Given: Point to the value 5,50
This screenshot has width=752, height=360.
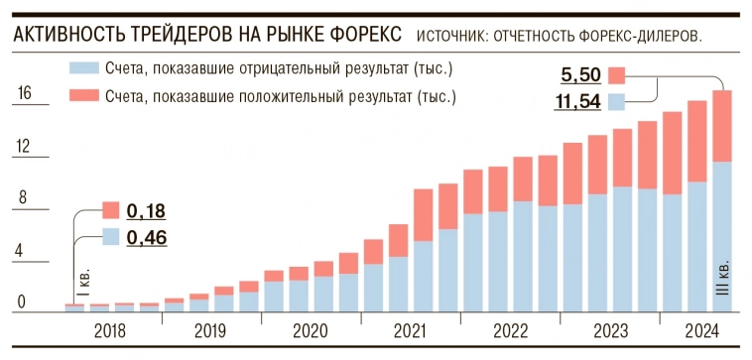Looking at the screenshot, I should pos(580,74).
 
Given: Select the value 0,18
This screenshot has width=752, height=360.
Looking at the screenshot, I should pos(146,210).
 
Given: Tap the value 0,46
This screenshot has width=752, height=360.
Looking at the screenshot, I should pos(146,237).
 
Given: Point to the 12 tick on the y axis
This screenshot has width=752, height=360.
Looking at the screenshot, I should pos(25,147).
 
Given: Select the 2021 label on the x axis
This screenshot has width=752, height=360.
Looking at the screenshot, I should pos(412,330).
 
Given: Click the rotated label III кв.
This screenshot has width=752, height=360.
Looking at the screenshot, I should pos(722,283).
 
